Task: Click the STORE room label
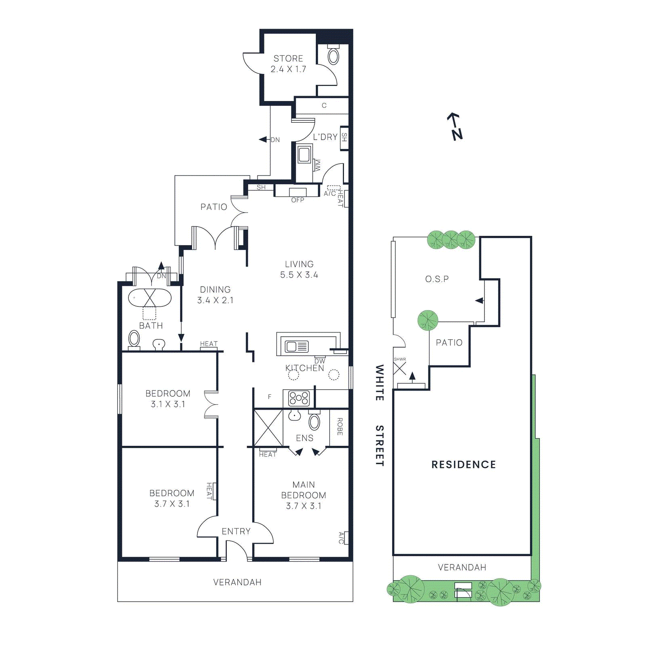[x=288, y=59]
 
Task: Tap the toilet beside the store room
[x=333, y=56]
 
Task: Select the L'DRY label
[x=325, y=137]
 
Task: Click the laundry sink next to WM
[x=304, y=155]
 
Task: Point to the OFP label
[x=298, y=200]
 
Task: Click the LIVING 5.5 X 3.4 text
[x=299, y=269]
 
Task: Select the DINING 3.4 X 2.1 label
[x=215, y=295]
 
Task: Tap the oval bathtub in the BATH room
[x=150, y=298]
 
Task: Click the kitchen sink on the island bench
[x=297, y=346]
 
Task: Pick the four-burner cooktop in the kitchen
[x=299, y=398]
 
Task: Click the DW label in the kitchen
[x=319, y=361]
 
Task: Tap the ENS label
[x=304, y=438]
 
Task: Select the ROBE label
[x=340, y=427]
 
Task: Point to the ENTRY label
[x=236, y=531]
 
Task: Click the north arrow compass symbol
[x=455, y=126]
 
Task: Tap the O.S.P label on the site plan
[x=437, y=279]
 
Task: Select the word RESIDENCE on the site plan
[x=464, y=465]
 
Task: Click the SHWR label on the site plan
[x=400, y=359]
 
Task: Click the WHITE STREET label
[x=380, y=415]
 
